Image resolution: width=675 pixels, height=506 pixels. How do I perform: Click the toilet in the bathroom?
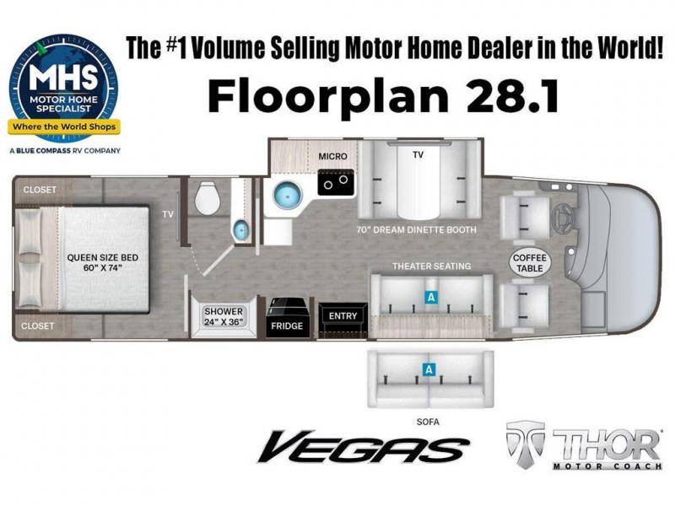pos(208,197)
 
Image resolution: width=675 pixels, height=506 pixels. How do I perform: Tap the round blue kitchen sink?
pos(288,195)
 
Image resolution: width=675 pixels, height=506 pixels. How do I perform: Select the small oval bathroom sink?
pos(240,230)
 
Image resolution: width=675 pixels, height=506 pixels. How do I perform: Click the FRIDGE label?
pos(287,326)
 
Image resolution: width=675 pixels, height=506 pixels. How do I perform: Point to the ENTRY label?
pos(343,315)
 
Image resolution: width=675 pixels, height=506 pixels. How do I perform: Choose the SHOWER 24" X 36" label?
pos(224,316)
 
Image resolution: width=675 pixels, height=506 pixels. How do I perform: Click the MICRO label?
pos(332,156)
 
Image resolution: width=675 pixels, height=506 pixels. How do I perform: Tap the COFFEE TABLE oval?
pos(530,263)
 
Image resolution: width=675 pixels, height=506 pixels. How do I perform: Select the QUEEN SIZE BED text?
pos(102,258)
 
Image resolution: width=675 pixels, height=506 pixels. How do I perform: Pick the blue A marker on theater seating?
pos(430,297)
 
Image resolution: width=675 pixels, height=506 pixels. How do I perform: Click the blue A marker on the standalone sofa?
pos(429,369)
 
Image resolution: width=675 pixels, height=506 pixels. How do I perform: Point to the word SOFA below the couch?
pos(428,423)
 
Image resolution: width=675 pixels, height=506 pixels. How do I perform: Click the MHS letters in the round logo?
pos(62,77)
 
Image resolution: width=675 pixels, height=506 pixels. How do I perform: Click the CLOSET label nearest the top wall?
pos(40,190)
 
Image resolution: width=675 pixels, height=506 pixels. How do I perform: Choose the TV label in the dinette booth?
pos(418,154)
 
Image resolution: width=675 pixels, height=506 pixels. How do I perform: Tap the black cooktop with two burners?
pos(336,182)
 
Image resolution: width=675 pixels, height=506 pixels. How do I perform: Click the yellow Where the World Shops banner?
pos(64,127)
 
